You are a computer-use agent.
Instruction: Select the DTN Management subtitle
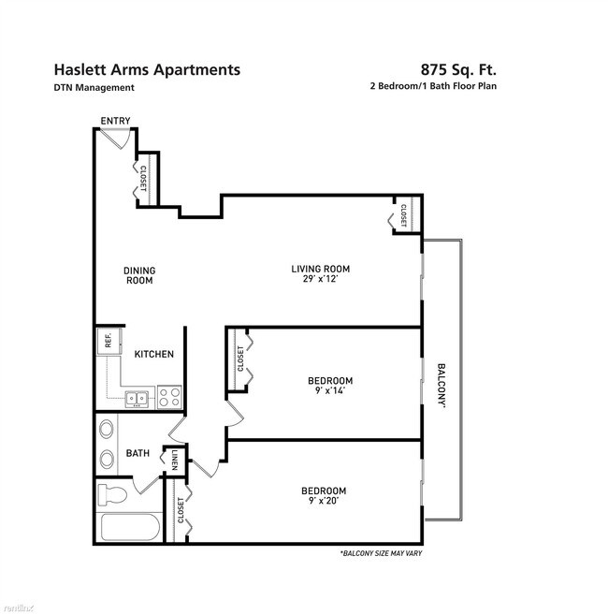click(x=94, y=88)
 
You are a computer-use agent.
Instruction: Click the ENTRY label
click(x=115, y=121)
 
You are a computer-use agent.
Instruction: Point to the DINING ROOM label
click(x=139, y=275)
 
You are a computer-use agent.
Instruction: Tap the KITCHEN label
click(x=153, y=354)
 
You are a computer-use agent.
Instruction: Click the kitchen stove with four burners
click(x=169, y=396)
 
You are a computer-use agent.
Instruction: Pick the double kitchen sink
click(x=138, y=399)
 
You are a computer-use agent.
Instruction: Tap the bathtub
click(x=128, y=529)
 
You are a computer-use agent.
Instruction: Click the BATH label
click(x=138, y=454)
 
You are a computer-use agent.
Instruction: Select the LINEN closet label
click(x=176, y=461)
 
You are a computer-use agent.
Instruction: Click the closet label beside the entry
click(x=144, y=180)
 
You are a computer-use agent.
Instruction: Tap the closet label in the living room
click(x=403, y=214)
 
